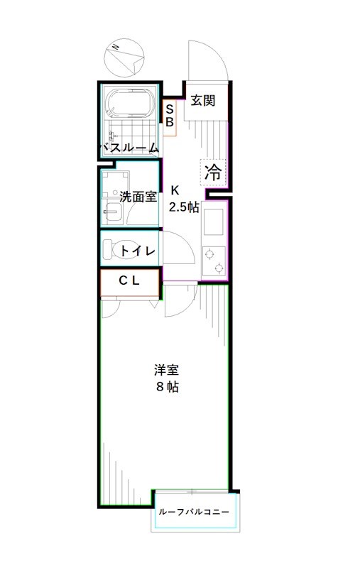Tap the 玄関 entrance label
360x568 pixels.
(202, 101)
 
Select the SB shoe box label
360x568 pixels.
(170, 115)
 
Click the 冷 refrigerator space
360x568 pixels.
(213, 171)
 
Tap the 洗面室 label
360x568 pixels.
(138, 197)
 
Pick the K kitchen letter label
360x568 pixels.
(175, 190)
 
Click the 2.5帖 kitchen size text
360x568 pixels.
(183, 207)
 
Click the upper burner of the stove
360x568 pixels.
(211, 252)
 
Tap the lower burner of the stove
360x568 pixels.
(219, 268)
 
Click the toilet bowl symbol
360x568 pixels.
(109, 250)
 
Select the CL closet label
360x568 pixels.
(129, 281)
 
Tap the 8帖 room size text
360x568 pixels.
(168, 387)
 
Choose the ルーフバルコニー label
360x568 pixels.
(194, 512)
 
